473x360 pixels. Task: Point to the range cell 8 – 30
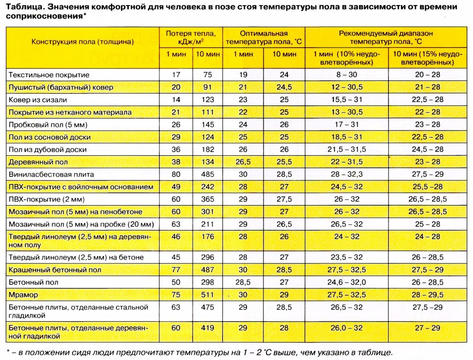coord(346,75)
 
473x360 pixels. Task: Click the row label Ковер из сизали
coord(37,100)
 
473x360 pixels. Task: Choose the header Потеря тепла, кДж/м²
coord(190,37)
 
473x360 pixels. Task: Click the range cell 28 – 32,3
coord(346,175)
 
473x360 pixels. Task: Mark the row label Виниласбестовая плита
coord(51,175)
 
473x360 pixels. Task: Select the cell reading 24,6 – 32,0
coord(346,282)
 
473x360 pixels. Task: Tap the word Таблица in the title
coord(23,7)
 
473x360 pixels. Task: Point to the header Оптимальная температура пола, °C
coord(263,37)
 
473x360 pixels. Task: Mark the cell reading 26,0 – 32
coord(346,328)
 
